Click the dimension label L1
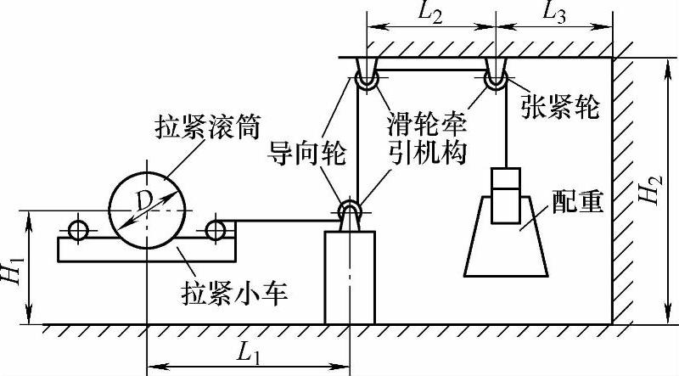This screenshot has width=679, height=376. coord(246,350)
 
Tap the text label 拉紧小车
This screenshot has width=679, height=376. coord(237,294)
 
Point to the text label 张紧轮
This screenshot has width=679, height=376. coord(559,109)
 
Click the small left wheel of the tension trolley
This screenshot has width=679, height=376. coord(79,229)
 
